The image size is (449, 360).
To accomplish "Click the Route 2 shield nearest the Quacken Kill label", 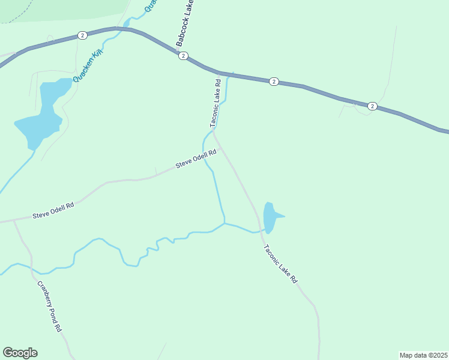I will coord(82,35).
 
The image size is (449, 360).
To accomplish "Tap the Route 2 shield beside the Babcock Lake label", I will coord(183,56).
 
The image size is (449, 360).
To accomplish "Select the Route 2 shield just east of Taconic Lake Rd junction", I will coord(273,81).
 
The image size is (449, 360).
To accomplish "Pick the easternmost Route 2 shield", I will coord(372,106).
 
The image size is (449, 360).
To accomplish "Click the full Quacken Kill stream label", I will coord(88,66).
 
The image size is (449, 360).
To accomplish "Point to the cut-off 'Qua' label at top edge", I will coord(151,5).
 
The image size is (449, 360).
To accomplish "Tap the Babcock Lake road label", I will coord(185,24).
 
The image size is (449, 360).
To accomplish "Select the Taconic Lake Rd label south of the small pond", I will coord(279,264).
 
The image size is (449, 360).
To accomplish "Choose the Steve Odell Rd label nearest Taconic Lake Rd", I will coord(195,160).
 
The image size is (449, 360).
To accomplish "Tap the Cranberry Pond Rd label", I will coord(49,307).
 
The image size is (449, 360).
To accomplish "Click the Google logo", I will coord(20,353).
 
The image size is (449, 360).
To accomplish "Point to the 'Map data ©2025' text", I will coord(423,355).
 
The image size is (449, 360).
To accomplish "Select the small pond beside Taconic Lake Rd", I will coord(270,217).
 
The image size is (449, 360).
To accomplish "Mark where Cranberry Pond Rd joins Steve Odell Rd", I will coord(13,220).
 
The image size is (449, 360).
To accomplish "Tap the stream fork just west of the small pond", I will coord(224,224).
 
